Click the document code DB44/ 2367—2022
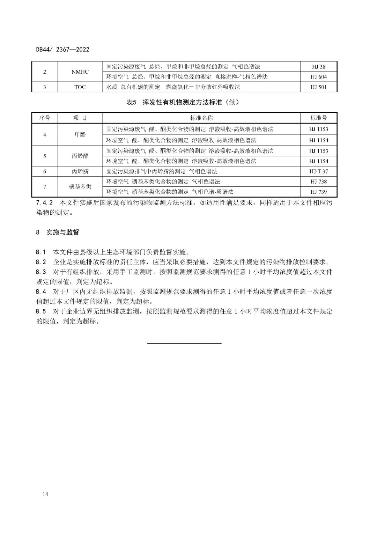pyautogui.click(x=63, y=50)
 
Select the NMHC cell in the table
pyautogui.click(x=80, y=72)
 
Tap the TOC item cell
pyautogui.click(x=80, y=87)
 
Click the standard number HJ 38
pyautogui.click(x=318, y=67)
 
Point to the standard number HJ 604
pyautogui.click(x=318, y=77)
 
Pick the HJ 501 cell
pyautogui.click(x=318, y=87)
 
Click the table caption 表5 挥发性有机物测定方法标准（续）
pyautogui.click(x=184, y=102)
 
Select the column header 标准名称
pyautogui.click(x=201, y=118)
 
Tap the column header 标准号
pyautogui.click(x=318, y=118)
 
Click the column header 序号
pyautogui.click(x=45, y=118)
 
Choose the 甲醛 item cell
pyautogui.click(x=80, y=135)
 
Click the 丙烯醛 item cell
pyautogui.click(x=80, y=156)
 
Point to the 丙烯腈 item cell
pyautogui.click(x=80, y=171)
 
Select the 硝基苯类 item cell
pyautogui.click(x=80, y=187)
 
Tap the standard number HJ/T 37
pyautogui.click(x=318, y=171)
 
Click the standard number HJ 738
pyautogui.click(x=318, y=182)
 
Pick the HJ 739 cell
pyautogui.click(x=318, y=192)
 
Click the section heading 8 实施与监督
pyautogui.click(x=58, y=232)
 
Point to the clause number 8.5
pyautogui.click(x=41, y=311)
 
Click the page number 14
pyautogui.click(x=45, y=494)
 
